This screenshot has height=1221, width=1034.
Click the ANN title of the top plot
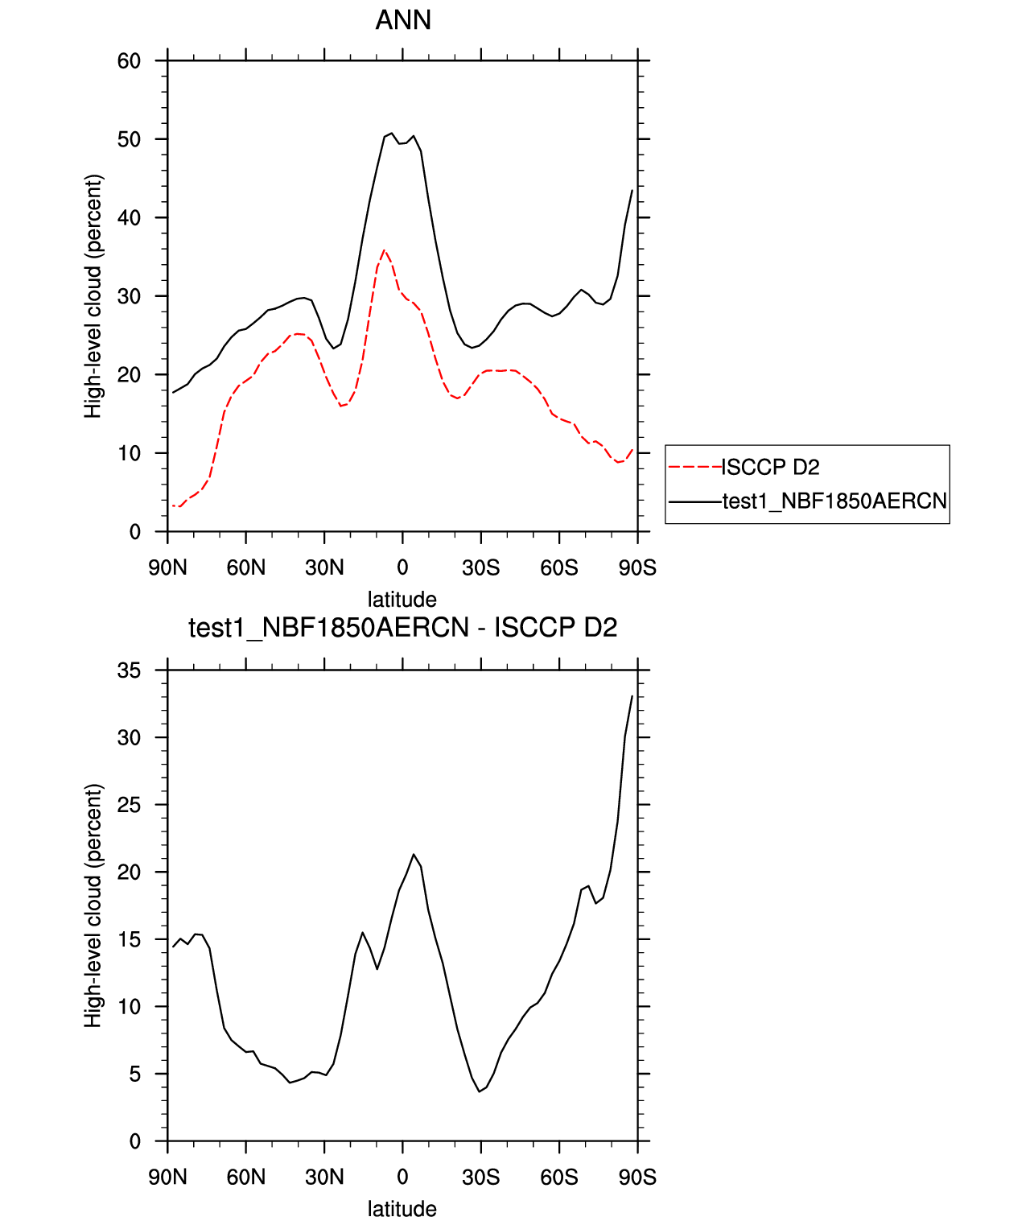pyautogui.click(x=403, y=20)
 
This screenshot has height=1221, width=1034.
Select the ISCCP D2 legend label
pyautogui.click(x=770, y=467)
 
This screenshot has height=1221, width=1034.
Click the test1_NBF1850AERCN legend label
pyautogui.click(x=834, y=501)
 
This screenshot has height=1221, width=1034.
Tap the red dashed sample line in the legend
pyautogui.click(x=694, y=467)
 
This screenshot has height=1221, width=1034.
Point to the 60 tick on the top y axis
pyautogui.click(x=129, y=61)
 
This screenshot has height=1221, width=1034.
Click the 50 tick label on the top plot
pyautogui.click(x=129, y=139)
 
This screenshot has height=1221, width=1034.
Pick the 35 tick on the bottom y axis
pyautogui.click(x=129, y=670)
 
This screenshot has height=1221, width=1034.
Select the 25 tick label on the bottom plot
pyautogui.click(x=129, y=805)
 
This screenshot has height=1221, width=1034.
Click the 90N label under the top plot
pyautogui.click(x=167, y=568)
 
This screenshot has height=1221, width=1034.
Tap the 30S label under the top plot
pyautogui.click(x=480, y=568)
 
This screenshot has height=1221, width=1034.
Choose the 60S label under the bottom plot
pyautogui.click(x=559, y=1178)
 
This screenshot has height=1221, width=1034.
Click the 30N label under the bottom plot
pyautogui.click(x=324, y=1178)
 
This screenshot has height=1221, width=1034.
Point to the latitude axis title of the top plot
pyautogui.click(x=402, y=600)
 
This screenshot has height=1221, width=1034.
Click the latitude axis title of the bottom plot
pyautogui.click(x=402, y=1209)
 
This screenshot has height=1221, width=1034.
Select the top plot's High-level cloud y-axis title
pyautogui.click(x=94, y=296)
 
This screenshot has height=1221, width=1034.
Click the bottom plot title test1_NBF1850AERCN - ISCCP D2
pyautogui.click(x=402, y=628)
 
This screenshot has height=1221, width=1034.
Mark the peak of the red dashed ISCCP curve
pyautogui.click(x=384, y=250)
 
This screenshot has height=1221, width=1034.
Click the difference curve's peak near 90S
pyautogui.click(x=632, y=696)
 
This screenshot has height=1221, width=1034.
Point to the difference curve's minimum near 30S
pyautogui.click(x=480, y=1091)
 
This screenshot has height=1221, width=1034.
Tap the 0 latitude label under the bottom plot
pyautogui.click(x=402, y=1178)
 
